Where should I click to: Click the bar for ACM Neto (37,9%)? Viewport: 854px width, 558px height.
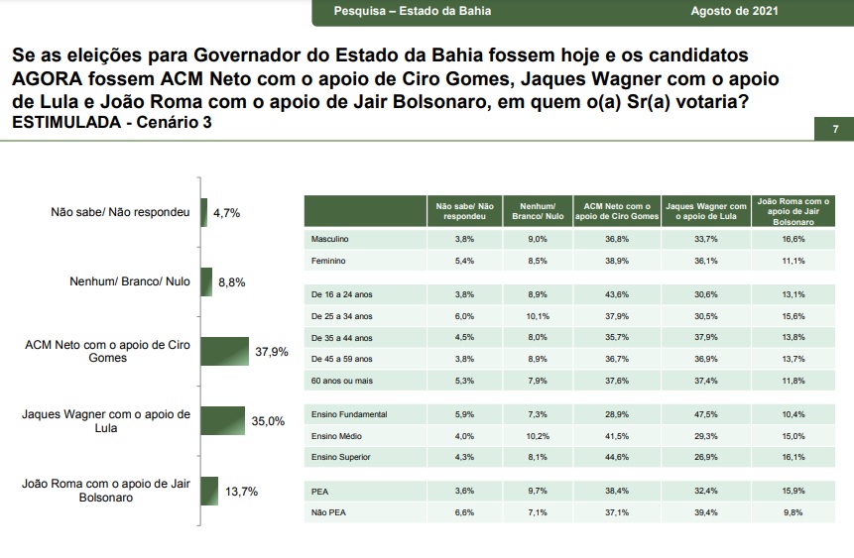click(225, 351)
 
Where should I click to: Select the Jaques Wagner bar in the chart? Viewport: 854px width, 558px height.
click(223, 421)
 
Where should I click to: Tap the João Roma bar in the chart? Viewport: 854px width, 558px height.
click(209, 491)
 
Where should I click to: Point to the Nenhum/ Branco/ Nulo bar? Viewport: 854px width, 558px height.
click(206, 282)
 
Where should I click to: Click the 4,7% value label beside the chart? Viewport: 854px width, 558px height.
click(226, 213)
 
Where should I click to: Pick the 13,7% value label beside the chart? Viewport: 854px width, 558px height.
click(242, 492)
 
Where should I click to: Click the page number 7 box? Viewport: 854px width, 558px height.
click(834, 129)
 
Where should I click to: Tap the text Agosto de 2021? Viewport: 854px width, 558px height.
click(735, 11)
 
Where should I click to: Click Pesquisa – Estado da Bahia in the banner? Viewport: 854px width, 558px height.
click(413, 11)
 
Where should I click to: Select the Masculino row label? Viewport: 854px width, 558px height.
click(329, 239)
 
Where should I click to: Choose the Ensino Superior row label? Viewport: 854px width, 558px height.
click(341, 457)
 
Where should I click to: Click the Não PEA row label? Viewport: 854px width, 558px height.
click(328, 512)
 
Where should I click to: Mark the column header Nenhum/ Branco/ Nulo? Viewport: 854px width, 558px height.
click(538, 211)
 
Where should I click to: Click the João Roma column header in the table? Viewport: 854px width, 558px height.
click(793, 211)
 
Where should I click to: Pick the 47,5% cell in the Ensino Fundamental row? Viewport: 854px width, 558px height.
click(706, 414)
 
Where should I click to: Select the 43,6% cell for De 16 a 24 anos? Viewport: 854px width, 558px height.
click(617, 294)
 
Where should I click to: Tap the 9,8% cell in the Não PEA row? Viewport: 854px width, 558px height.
click(793, 512)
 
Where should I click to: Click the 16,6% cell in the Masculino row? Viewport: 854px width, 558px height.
click(793, 239)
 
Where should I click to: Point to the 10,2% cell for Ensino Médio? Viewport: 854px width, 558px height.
click(538, 436)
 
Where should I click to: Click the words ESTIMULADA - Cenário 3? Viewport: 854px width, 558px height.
click(112, 122)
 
